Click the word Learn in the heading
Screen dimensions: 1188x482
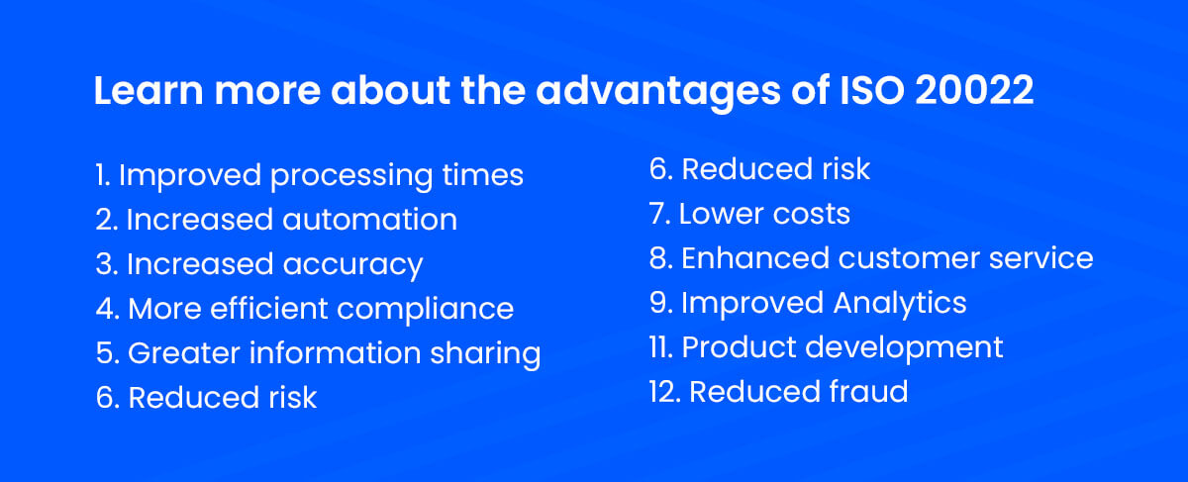click(148, 90)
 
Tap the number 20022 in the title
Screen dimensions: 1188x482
click(974, 90)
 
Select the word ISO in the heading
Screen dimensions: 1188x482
click(872, 90)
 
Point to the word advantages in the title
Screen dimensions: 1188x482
click(658, 93)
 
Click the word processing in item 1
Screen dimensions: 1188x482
click(351, 176)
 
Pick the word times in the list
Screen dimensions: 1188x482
click(483, 174)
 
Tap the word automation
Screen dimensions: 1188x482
click(369, 219)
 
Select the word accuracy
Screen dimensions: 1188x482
click(352, 266)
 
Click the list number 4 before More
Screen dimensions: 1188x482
click(107, 309)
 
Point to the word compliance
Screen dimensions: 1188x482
click(426, 310)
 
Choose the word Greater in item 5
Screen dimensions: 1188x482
click(184, 353)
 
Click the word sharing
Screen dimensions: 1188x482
click(485, 354)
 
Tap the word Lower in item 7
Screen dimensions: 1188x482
click(722, 214)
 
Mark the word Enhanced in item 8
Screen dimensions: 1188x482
click(755, 258)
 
